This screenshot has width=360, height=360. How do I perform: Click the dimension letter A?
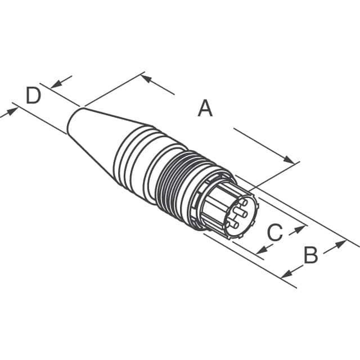coord(205,108)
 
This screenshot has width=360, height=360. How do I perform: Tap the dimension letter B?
coord(310,255)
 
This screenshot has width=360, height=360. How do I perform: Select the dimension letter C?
coord(274,232)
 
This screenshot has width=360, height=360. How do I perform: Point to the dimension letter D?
coord(34,96)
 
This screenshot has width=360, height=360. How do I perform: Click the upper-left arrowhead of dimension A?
coord(146,78)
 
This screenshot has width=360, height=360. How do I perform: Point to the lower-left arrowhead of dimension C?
coord(260,249)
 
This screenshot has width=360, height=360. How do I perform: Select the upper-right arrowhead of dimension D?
coord(55,84)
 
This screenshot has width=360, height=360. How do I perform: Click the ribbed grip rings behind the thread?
coord(135,160)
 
